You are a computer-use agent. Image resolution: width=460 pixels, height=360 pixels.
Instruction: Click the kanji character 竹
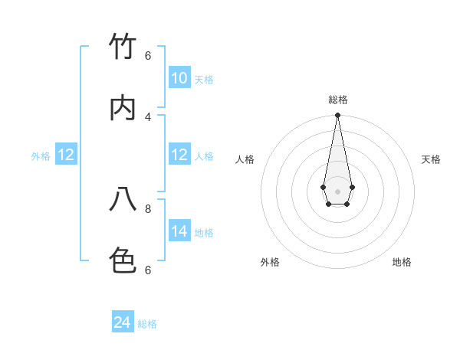pos(123,47)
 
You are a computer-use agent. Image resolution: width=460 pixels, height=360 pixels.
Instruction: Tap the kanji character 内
pos(123,109)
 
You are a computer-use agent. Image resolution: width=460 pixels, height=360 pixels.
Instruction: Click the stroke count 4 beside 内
pos(148,116)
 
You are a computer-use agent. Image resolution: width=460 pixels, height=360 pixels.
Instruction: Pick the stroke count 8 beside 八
pos(148,208)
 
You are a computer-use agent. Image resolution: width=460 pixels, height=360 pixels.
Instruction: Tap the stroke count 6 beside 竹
pos(148,55)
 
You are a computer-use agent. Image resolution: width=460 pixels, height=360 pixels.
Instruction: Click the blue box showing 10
pos(179,78)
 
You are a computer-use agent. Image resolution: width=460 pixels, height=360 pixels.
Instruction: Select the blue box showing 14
pos(179,231)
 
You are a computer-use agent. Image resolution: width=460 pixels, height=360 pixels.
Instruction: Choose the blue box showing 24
pos(123,322)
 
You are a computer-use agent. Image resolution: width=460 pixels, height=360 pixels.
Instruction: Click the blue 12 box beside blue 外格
pos(66,155)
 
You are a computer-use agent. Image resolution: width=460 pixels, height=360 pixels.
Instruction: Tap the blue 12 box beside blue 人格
pos(179,155)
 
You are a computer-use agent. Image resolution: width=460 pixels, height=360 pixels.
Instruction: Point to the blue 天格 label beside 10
pos(204,80)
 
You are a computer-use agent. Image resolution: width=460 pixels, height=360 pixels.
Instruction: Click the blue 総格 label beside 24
pos(147,324)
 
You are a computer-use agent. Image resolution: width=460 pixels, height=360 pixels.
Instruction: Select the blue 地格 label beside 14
pos(204,233)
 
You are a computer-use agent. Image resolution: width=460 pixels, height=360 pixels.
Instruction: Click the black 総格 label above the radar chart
pos(338,100)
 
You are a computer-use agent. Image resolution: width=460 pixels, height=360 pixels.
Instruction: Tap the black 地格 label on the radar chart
pos(402,262)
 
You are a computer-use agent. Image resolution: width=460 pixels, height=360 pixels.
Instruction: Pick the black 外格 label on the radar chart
pos(270,262)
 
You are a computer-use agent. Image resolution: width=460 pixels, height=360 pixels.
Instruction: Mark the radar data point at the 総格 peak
pos(337,116)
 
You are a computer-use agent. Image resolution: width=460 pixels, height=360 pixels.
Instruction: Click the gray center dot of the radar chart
pos(337,191)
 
